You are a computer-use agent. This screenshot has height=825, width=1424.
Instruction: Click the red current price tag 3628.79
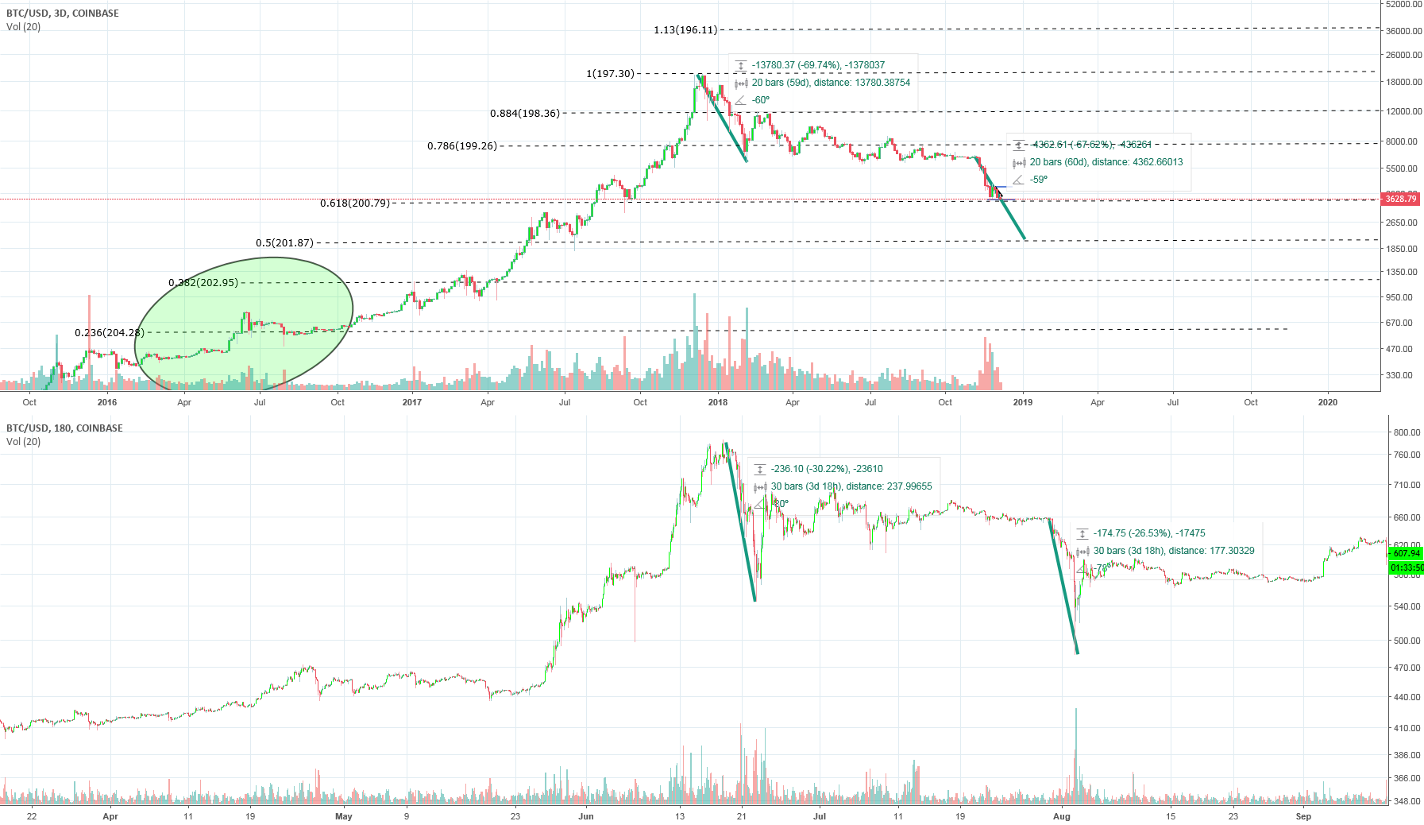coord(1400,199)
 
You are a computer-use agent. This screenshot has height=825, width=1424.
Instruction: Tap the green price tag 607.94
coord(1406,553)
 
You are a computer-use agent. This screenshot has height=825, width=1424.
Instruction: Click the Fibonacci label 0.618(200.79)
coord(355,203)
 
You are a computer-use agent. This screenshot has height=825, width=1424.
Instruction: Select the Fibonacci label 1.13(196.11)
coord(685,30)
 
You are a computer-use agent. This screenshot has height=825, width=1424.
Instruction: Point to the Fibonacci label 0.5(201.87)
coord(284,243)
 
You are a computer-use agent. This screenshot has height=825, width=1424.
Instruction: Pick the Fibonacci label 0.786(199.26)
coord(462,146)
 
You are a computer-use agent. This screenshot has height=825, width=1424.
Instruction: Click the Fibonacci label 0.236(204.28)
coord(110,333)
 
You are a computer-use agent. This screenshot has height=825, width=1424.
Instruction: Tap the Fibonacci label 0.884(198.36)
coord(525,114)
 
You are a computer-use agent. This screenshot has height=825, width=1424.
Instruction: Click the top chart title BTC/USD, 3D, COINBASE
coord(63,14)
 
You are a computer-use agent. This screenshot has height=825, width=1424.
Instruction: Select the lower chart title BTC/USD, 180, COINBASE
coord(64,428)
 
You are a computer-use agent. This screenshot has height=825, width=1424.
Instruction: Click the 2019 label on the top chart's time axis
coord(1022,402)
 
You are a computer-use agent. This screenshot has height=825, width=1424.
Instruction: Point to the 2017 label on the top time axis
coord(411,402)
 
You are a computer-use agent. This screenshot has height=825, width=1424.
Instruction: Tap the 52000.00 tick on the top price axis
coord(1404,4)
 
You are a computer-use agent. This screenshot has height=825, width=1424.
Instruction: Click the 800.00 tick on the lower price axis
coord(1406,432)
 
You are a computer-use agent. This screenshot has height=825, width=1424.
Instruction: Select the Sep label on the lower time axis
coord(1303,816)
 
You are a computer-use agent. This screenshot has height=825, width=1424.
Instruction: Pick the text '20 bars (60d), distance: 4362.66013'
coord(1106,162)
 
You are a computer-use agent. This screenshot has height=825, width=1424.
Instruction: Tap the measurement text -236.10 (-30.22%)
coord(827,469)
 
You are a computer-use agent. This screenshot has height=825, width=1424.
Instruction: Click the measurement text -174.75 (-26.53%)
coord(1149,533)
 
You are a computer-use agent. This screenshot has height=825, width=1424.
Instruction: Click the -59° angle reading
coord(1039,180)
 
